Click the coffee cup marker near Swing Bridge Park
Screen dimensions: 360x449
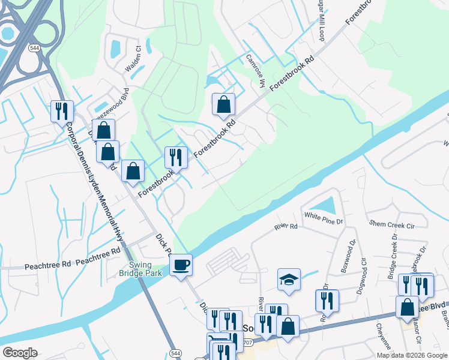tap(181, 265)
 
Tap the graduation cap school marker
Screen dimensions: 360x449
tap(289, 280)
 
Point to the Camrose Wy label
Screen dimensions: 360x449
tap(255, 71)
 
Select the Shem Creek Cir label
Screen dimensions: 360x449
tap(392, 224)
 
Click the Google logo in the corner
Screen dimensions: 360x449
tap(20, 353)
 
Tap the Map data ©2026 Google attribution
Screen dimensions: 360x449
tap(412, 355)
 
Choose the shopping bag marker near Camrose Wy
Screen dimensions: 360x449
tap(223, 105)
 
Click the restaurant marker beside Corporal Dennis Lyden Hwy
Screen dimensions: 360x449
tap(61, 111)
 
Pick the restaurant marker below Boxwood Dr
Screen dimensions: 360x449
tap(327, 301)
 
